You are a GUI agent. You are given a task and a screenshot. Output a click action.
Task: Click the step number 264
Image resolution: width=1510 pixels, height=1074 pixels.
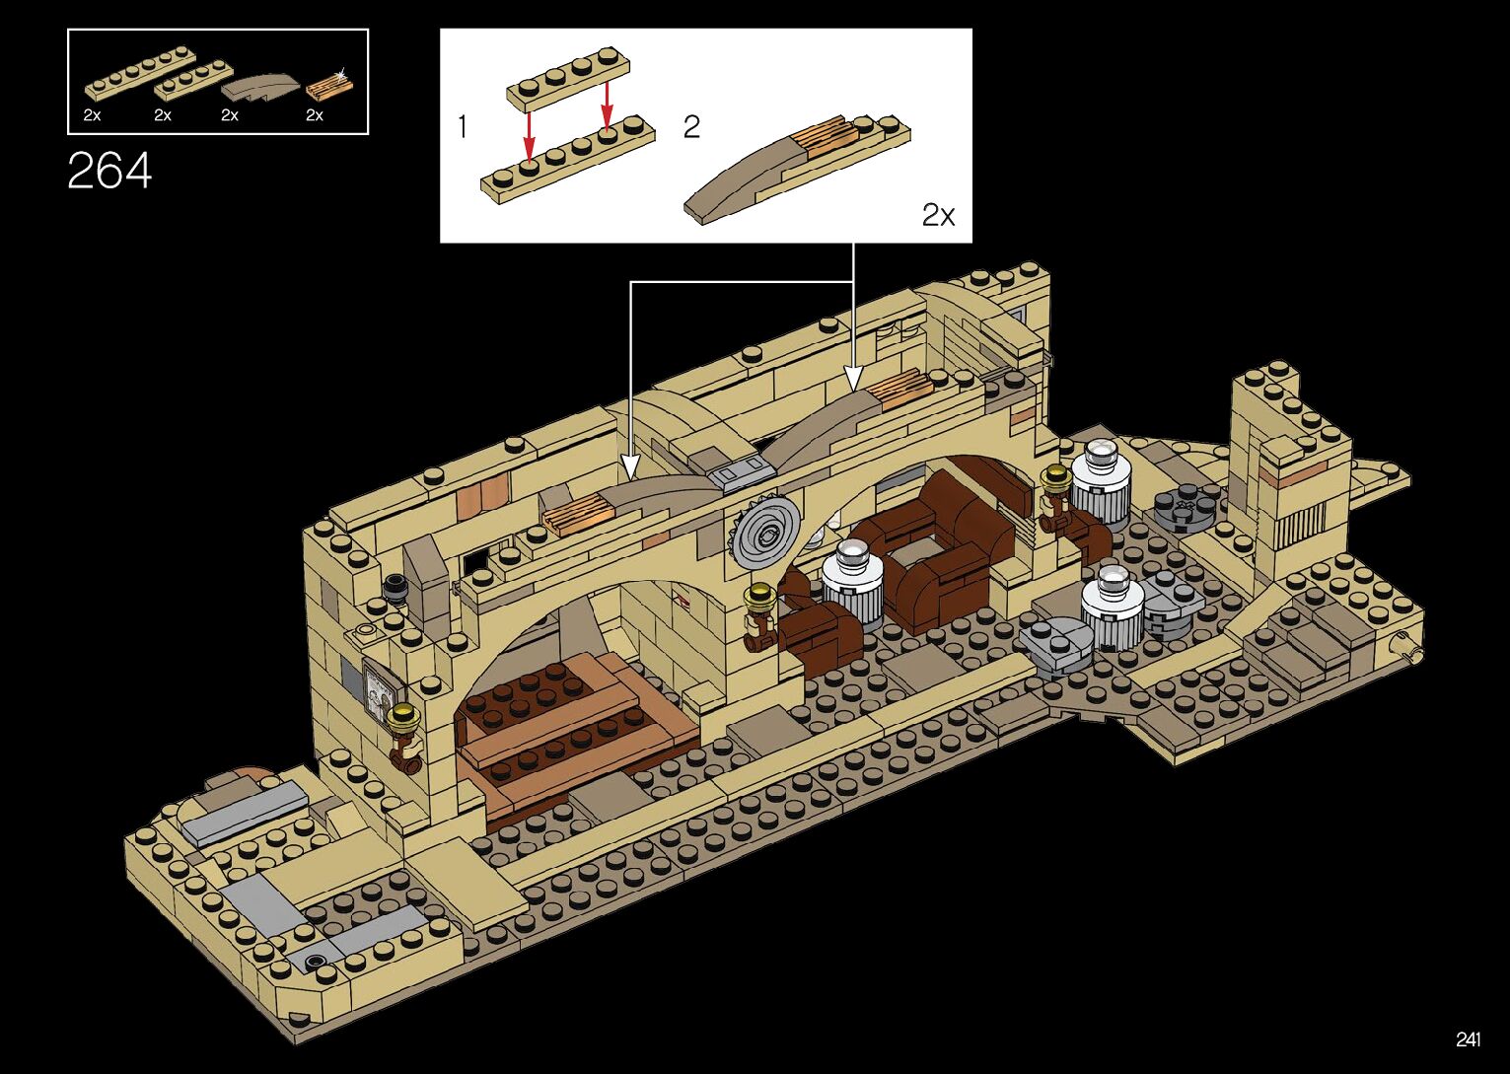coord(109,171)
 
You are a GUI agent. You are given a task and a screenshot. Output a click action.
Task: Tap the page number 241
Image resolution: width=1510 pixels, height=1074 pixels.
coord(1467,1039)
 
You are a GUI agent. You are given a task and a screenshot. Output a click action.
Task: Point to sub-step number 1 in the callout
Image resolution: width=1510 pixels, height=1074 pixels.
coord(462,127)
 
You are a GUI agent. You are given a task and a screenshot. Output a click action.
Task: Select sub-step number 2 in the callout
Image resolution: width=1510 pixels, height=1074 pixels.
coord(691,127)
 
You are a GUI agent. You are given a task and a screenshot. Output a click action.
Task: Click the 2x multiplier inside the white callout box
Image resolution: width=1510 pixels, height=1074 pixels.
coord(938,215)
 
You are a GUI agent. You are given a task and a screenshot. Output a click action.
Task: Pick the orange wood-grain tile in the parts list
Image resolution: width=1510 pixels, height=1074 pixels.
coord(328,89)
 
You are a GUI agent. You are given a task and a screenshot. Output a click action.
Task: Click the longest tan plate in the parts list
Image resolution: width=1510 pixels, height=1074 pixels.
coord(139,73)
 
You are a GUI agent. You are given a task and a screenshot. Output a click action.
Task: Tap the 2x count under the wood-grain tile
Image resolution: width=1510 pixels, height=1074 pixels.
coord(315,115)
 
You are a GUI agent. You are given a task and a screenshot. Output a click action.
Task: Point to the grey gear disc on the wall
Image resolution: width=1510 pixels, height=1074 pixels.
coord(765,534)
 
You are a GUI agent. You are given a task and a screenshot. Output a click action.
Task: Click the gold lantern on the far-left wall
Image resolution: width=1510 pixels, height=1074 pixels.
coord(402,718)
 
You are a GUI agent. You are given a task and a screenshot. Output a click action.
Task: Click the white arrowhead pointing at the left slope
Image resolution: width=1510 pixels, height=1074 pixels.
coord(630,467)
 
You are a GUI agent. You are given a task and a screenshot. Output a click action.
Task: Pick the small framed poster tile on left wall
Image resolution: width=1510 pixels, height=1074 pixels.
coord(379,689)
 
